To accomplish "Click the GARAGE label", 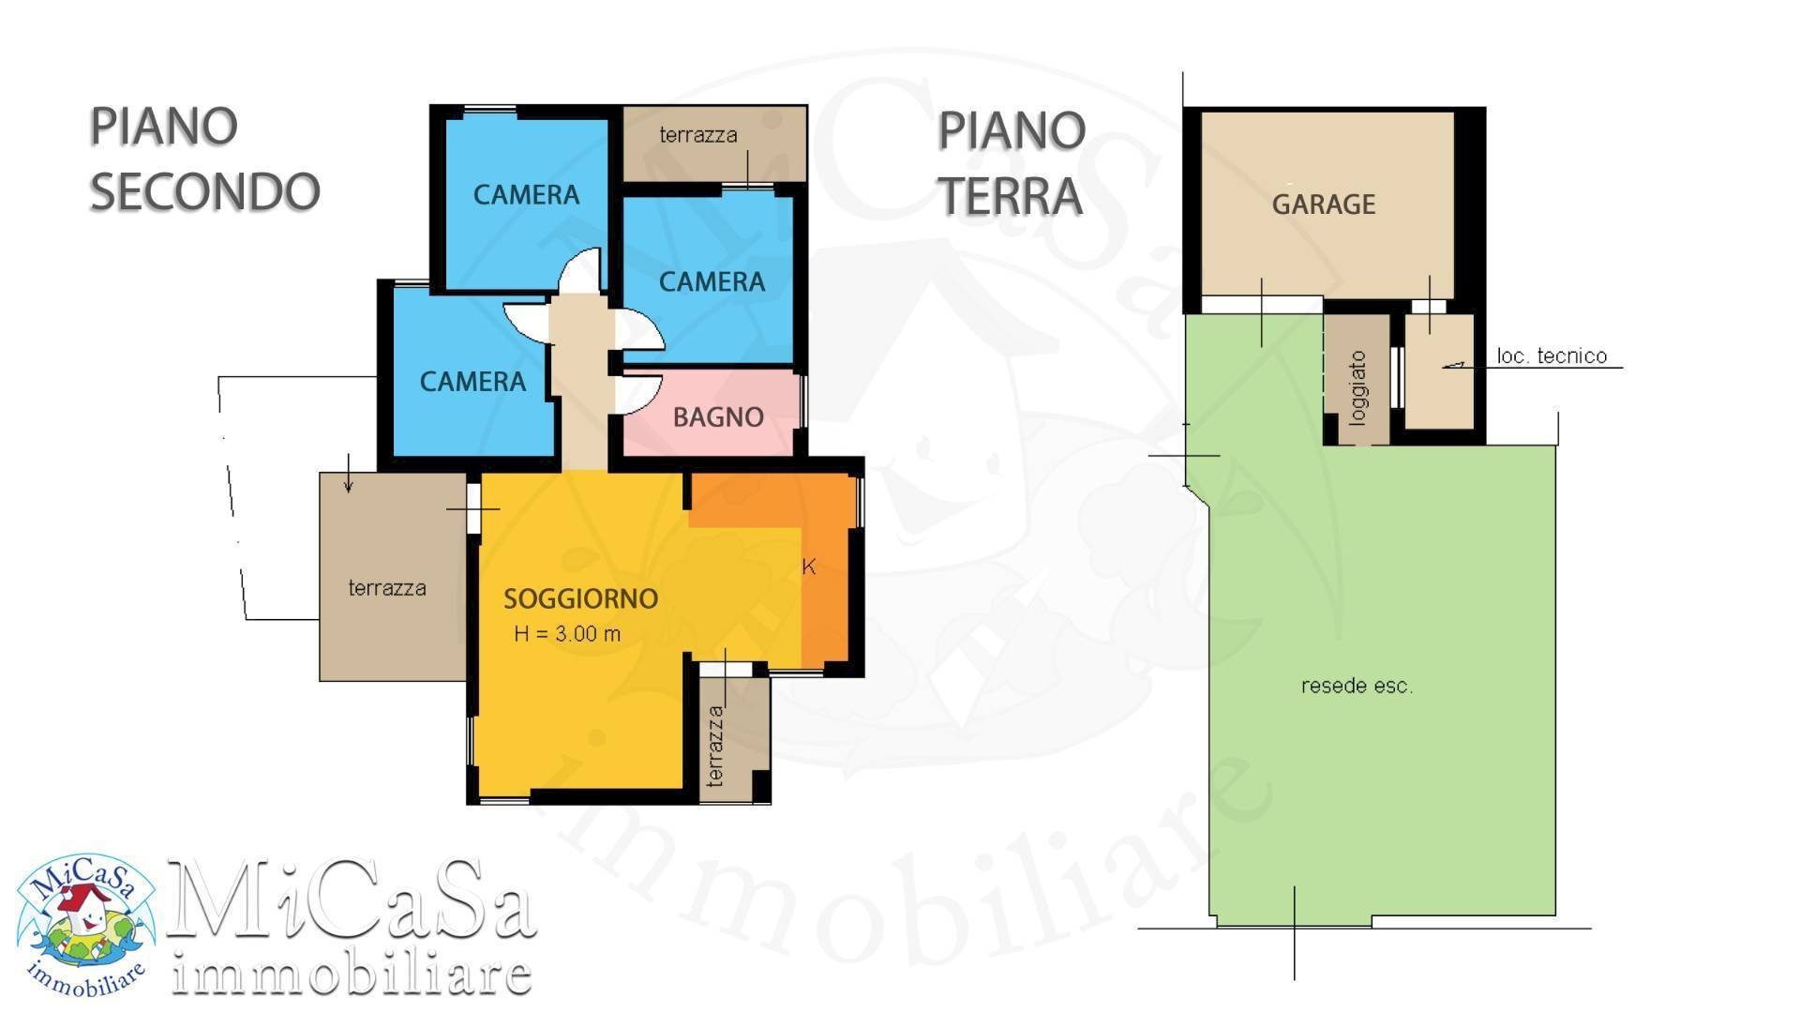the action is point(1323,204).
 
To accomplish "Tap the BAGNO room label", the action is point(718,417).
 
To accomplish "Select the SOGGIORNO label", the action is point(581,598).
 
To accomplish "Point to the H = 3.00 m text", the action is point(567,634).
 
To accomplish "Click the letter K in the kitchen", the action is point(809,567).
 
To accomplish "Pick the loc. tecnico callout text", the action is point(1552,355).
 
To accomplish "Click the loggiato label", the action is point(1358,388).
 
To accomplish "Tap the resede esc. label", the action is point(1357,686).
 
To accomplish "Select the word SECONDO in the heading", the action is point(204,191).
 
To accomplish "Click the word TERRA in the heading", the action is point(1011,196).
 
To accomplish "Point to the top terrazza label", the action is point(698,135).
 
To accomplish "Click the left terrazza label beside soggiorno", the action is point(387,588).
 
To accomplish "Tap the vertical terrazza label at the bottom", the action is point(715,747).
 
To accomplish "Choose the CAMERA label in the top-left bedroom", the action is point(526,195).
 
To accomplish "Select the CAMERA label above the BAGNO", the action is point(712,281).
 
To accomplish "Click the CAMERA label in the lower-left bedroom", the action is point(472,382).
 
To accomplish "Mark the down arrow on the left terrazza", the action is point(349,474).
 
